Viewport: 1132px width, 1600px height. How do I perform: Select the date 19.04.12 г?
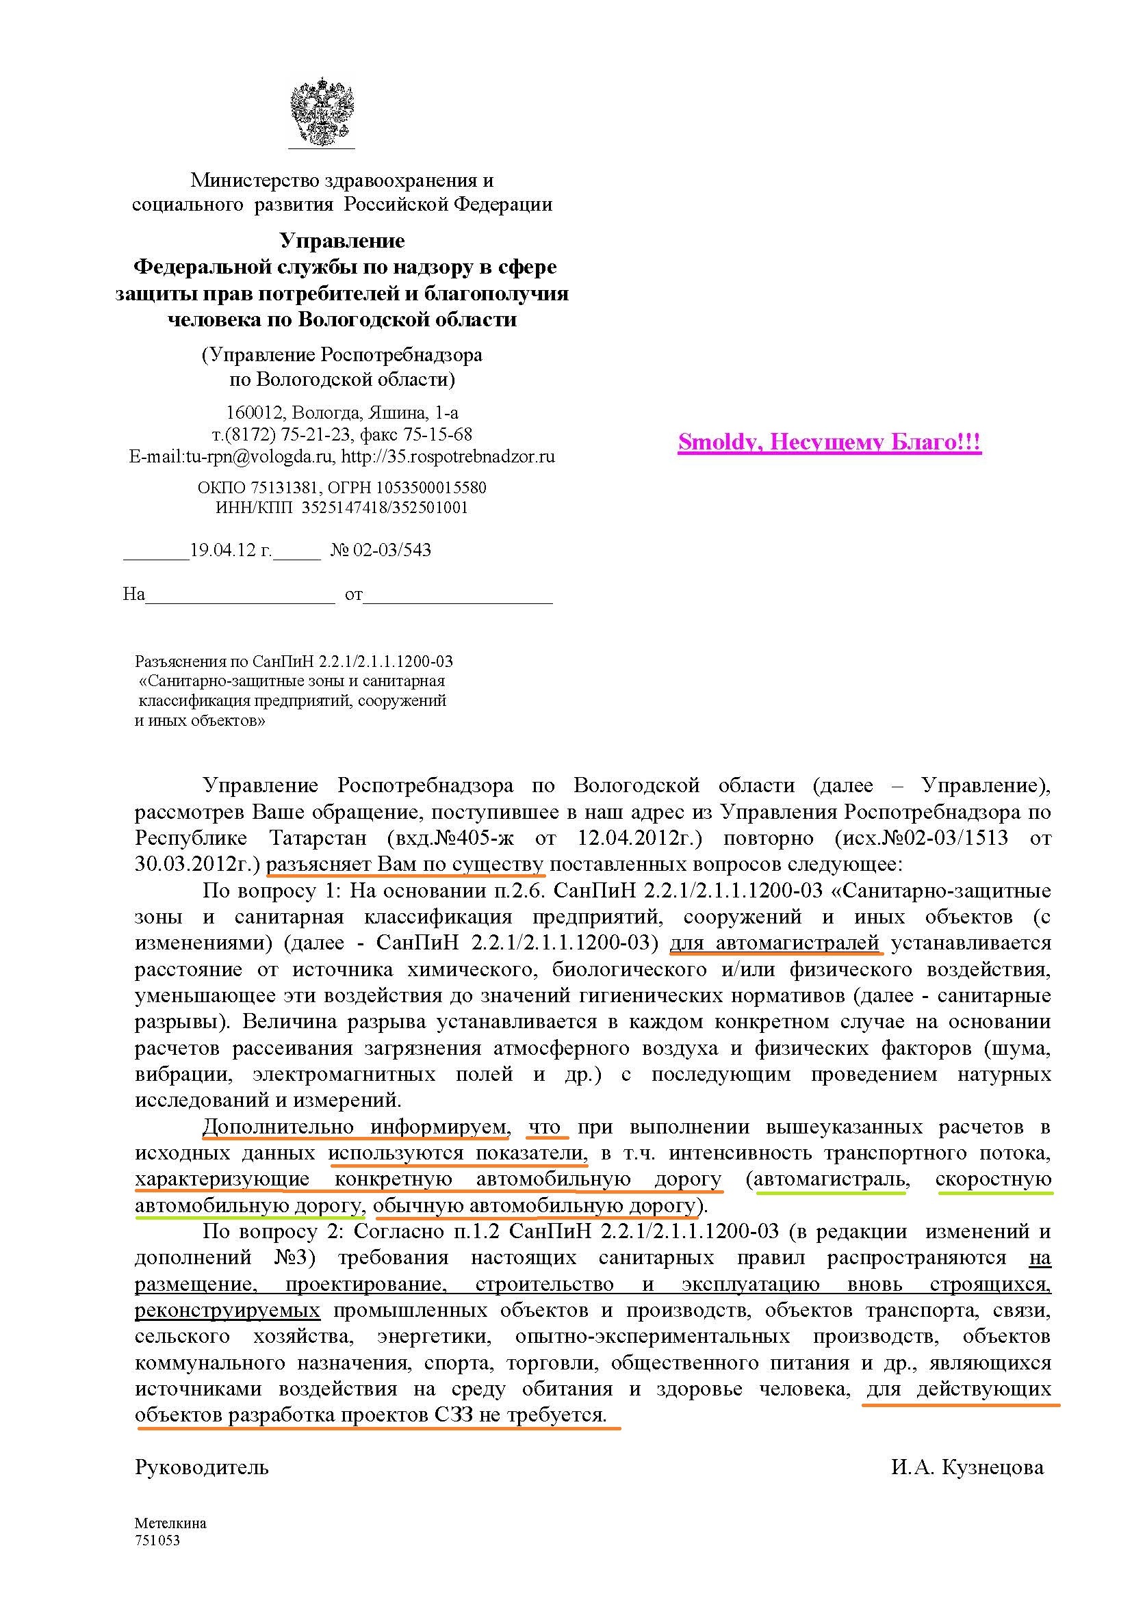(x=231, y=550)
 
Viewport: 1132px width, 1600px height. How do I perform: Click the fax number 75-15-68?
(x=438, y=434)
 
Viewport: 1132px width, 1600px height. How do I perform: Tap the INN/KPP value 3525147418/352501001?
(x=385, y=508)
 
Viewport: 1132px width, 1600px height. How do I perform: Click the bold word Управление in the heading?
(x=342, y=240)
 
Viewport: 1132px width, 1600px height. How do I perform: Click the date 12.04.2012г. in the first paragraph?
(x=639, y=838)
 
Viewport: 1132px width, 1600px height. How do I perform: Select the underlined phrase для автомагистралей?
(x=774, y=943)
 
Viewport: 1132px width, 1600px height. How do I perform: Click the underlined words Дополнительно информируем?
(x=354, y=1127)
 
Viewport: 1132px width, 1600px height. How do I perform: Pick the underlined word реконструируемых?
(x=227, y=1310)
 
